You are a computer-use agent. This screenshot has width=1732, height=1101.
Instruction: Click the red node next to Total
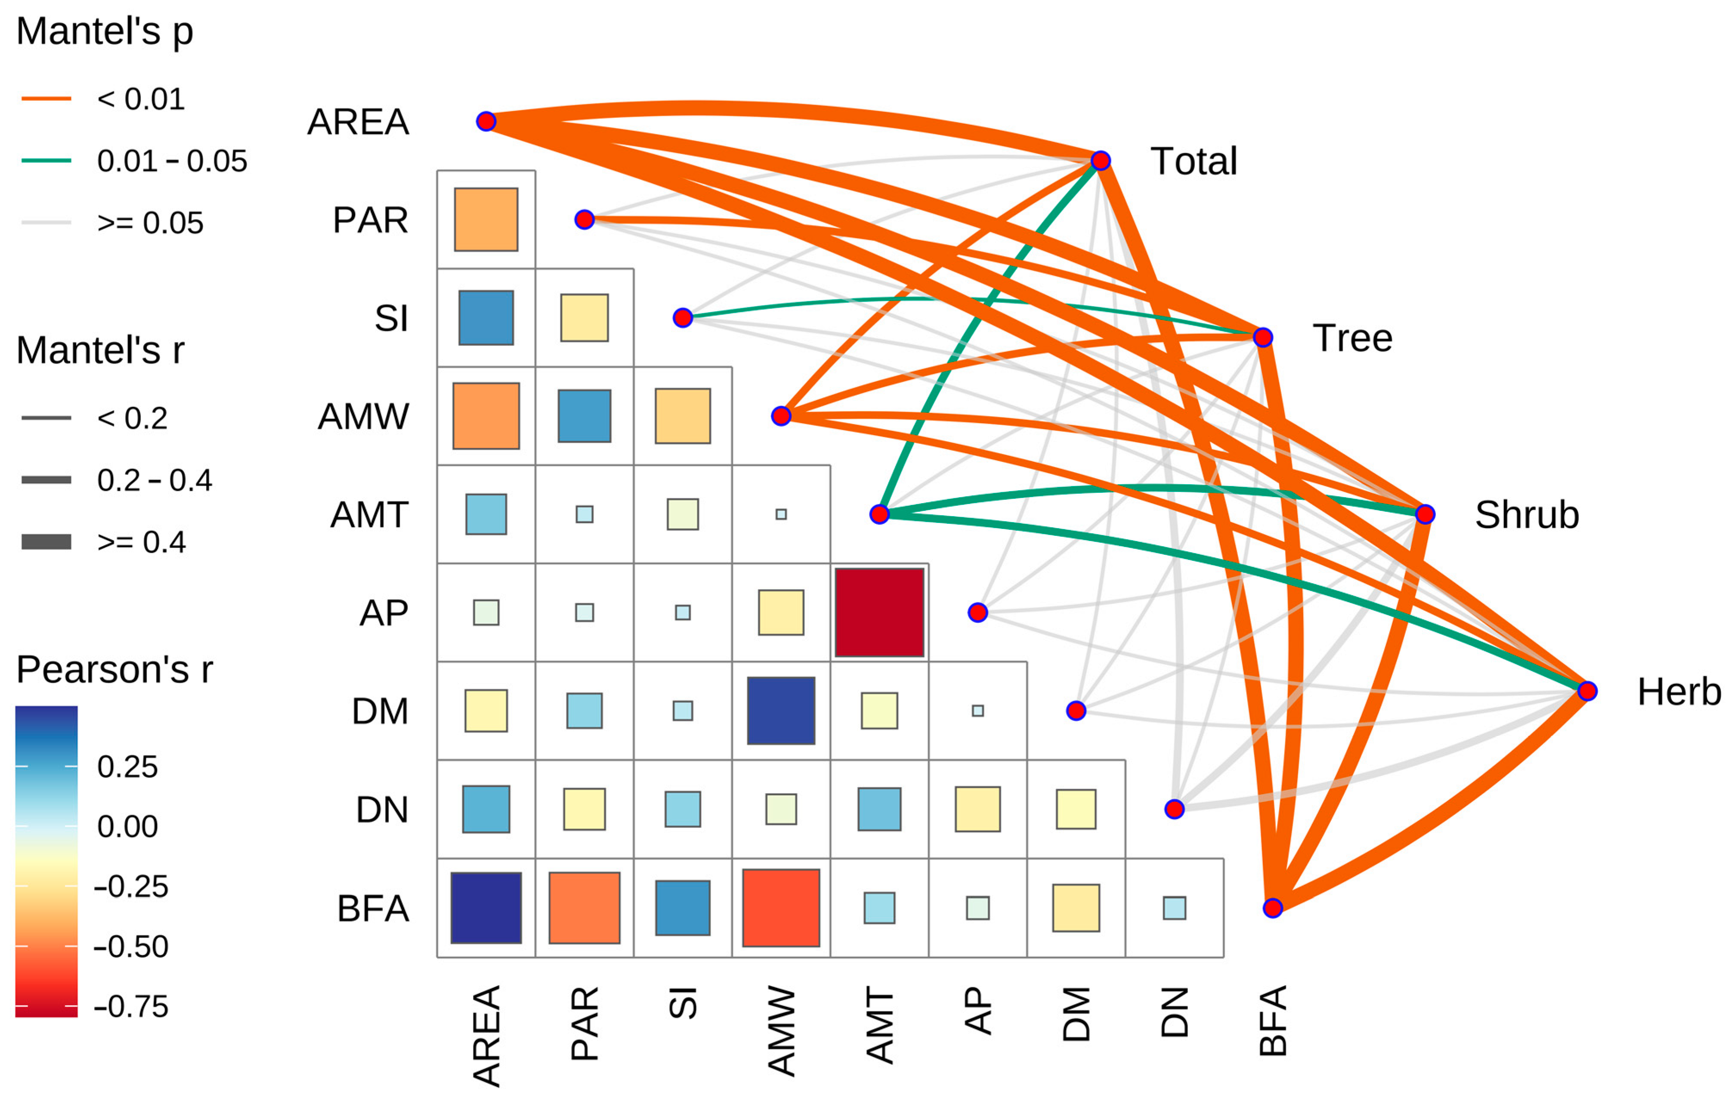(x=1101, y=161)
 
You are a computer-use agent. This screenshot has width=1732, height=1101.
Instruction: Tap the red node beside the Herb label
(x=1587, y=691)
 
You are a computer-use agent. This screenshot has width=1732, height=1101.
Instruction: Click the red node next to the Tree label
(x=1263, y=337)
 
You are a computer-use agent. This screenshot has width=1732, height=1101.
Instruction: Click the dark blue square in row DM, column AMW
(x=781, y=711)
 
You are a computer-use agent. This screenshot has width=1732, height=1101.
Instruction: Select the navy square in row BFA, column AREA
(x=486, y=908)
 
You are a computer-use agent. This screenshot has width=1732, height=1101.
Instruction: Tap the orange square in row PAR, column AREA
(x=486, y=220)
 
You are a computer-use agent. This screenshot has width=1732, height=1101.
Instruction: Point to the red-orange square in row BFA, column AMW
(x=781, y=908)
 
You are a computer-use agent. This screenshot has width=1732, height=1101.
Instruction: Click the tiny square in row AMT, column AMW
(x=781, y=514)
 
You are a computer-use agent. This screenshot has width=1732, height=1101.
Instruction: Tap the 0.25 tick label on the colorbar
(x=127, y=767)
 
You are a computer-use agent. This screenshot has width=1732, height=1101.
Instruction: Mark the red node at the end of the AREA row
(x=486, y=121)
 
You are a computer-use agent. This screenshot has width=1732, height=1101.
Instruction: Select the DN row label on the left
(x=382, y=810)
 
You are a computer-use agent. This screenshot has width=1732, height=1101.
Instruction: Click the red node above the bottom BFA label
(x=1272, y=908)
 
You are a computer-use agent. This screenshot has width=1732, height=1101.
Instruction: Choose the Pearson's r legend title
(x=114, y=670)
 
